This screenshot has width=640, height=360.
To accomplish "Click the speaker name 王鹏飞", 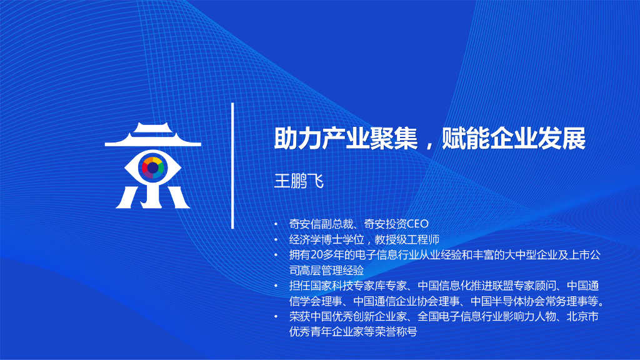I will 299,181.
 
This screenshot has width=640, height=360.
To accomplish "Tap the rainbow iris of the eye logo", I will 153,168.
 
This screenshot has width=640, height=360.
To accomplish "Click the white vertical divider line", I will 232,166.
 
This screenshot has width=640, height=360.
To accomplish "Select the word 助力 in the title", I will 295,139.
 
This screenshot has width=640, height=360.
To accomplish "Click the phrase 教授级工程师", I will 407,239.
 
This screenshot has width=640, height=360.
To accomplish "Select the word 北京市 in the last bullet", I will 581,317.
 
